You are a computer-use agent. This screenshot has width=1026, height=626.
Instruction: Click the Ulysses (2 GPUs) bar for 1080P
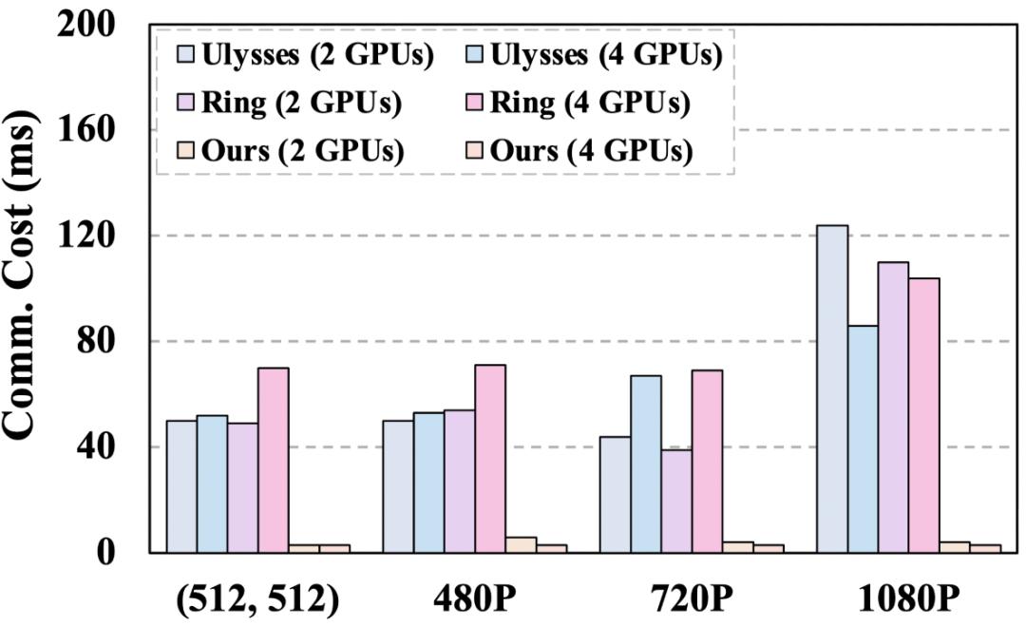pos(832,389)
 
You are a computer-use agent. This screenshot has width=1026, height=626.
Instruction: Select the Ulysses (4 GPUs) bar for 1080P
pos(863,439)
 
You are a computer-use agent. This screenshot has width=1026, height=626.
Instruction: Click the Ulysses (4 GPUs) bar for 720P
pos(646,464)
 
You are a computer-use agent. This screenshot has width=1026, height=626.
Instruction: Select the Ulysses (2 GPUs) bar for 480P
pos(398,486)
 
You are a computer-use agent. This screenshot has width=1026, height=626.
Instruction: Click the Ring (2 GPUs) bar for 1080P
pos(893,407)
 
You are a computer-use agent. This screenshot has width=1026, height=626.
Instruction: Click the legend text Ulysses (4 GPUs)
pos(606,55)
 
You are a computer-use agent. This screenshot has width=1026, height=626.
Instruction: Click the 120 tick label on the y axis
pos(87,236)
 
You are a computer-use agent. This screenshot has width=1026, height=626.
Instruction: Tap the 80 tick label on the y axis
pos(99,341)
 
